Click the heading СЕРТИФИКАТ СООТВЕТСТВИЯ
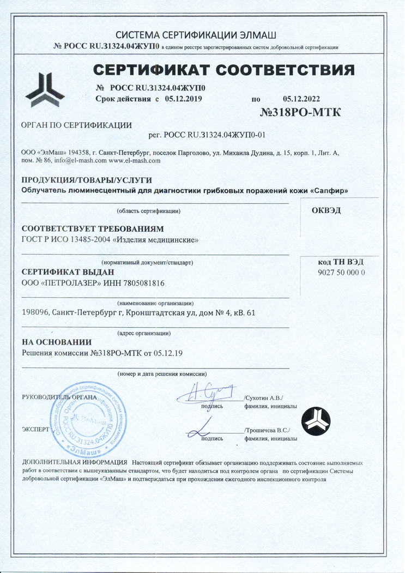click(x=224, y=70)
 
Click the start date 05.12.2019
click(x=183, y=99)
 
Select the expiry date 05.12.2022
click(x=301, y=99)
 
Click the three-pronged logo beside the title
click(x=45, y=89)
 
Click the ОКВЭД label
click(x=326, y=211)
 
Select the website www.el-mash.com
click(x=134, y=161)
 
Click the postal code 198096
click(x=35, y=313)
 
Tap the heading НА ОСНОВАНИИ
click(x=56, y=342)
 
